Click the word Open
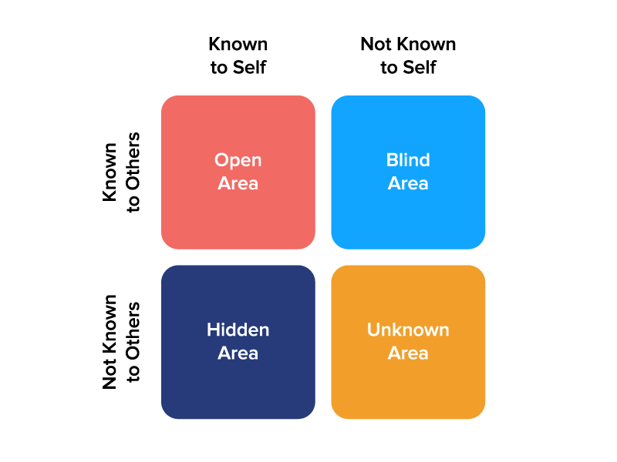[238, 160]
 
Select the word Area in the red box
[238, 183]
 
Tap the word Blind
[408, 160]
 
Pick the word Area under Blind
[408, 183]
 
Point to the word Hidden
[238, 330]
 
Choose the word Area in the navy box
[238, 353]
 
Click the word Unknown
[408, 330]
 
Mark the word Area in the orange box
[408, 353]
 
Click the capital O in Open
[222, 160]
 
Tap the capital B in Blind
[391, 160]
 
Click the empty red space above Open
[238, 123]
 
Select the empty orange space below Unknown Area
[408, 389]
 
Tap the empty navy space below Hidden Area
[238, 389]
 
